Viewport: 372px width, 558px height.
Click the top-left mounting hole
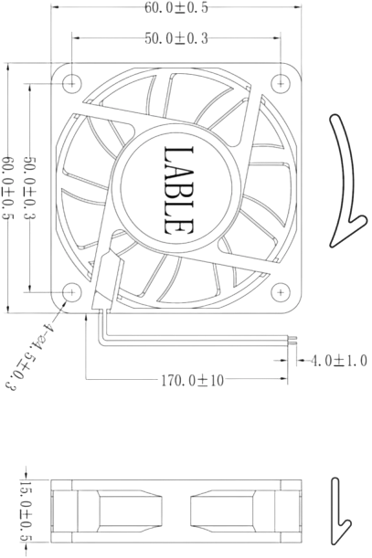[x=72, y=80]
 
